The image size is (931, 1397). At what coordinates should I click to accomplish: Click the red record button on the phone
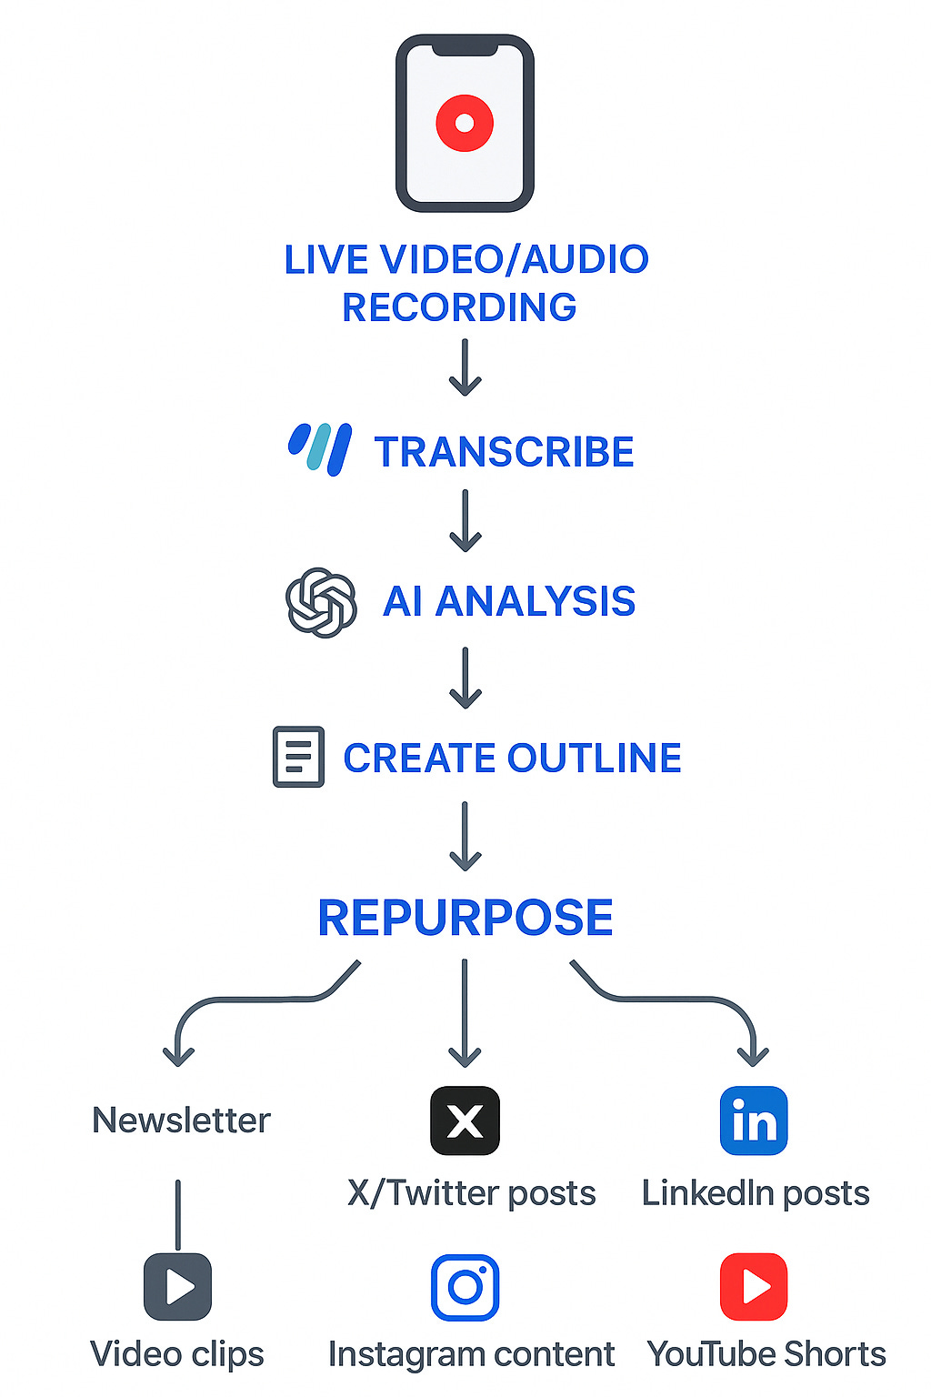(x=465, y=123)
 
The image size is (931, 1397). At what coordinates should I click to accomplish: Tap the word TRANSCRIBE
(x=505, y=452)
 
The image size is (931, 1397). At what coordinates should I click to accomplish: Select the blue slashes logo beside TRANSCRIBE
(x=320, y=449)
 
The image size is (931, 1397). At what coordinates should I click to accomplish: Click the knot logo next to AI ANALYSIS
(x=321, y=602)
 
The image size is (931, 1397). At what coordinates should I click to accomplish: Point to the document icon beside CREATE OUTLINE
(x=298, y=757)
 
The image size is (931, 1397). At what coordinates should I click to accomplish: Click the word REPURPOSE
(x=465, y=918)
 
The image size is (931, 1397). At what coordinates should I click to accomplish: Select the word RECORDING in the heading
(x=459, y=307)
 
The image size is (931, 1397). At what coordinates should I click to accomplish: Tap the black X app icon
(x=465, y=1121)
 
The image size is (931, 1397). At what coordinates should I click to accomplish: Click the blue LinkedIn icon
(x=754, y=1121)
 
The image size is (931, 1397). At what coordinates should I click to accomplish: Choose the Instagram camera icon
(x=465, y=1287)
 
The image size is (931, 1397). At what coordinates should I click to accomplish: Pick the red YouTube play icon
(x=754, y=1287)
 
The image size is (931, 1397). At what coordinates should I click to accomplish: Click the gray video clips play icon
(x=178, y=1287)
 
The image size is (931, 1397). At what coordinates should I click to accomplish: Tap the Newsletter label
(x=182, y=1121)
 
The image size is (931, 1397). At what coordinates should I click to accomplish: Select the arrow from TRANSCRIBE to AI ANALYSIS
(x=465, y=521)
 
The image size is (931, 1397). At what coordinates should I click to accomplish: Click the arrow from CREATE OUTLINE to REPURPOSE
(x=465, y=835)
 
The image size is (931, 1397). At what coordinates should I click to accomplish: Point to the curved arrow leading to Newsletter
(x=245, y=1000)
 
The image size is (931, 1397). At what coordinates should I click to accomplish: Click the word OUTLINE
(x=595, y=758)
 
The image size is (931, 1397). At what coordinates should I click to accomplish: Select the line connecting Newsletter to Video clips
(x=178, y=1214)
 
